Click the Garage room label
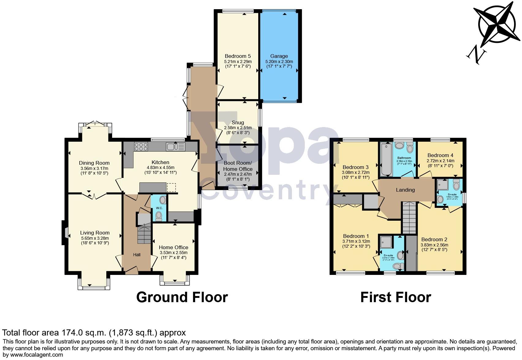click(x=279, y=56)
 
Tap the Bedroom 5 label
click(x=238, y=56)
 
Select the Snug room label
click(x=238, y=123)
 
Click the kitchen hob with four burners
click(x=141, y=147)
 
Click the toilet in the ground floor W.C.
click(x=159, y=216)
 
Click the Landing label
click(x=405, y=190)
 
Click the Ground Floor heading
click(x=182, y=297)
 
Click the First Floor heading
click(x=395, y=297)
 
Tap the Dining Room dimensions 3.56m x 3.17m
click(x=94, y=168)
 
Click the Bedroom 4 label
click(x=440, y=155)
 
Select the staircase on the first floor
click(x=409, y=219)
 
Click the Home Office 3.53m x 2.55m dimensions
click(x=173, y=253)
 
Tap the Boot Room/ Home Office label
click(x=238, y=166)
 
